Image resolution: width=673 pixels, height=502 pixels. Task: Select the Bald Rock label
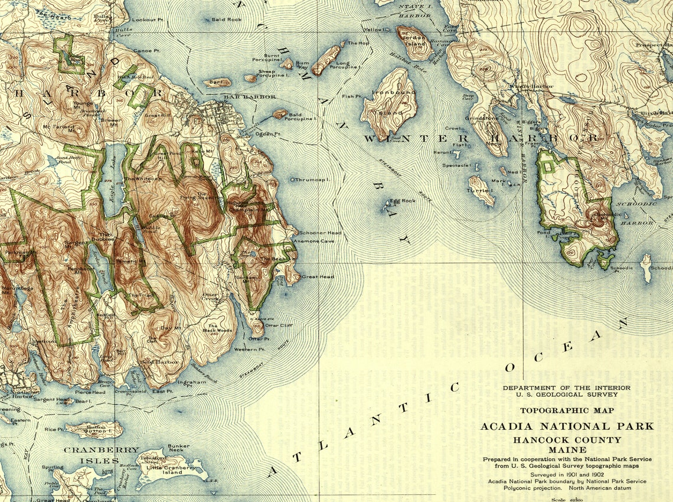click(227, 19)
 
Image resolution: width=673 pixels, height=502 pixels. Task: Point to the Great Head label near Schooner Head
click(318, 276)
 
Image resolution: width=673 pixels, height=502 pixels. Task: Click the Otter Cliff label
click(279, 325)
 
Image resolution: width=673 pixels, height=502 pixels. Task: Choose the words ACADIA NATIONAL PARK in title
click(567, 426)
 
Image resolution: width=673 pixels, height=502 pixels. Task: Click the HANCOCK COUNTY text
click(567, 440)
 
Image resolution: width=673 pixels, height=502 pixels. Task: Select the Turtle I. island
click(482, 191)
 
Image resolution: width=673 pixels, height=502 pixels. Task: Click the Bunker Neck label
click(178, 449)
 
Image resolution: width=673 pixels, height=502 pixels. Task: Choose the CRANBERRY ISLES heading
click(101, 449)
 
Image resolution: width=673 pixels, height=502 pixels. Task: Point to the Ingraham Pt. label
click(195, 382)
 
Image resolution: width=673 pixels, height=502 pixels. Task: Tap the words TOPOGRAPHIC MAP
click(567, 410)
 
